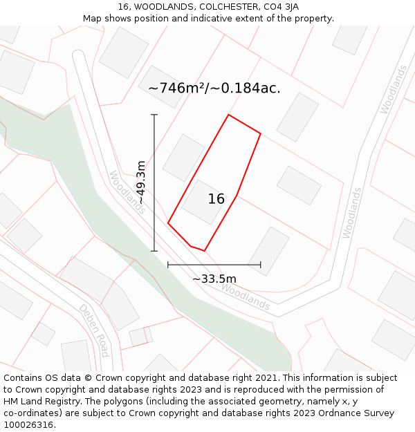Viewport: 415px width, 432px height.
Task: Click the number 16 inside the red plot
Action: click(x=216, y=199)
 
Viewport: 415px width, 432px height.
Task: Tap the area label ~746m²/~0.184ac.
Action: click(x=214, y=88)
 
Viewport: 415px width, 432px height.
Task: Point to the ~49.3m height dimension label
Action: click(x=141, y=182)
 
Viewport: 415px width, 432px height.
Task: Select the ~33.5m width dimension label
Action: click(x=214, y=279)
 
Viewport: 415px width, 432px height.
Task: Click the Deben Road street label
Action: click(x=94, y=330)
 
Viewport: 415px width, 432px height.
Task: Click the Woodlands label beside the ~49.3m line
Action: click(x=127, y=193)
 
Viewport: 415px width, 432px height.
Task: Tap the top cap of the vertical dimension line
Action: click(x=154, y=115)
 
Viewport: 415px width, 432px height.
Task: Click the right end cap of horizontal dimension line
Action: click(x=261, y=264)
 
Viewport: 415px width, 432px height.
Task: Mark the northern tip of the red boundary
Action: click(x=229, y=115)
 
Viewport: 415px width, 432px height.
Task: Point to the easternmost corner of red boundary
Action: click(x=261, y=133)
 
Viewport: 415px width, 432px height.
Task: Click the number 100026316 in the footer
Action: click(x=28, y=425)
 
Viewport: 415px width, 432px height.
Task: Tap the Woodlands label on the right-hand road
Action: click(x=352, y=214)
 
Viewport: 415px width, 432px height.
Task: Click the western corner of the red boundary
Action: click(x=168, y=223)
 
